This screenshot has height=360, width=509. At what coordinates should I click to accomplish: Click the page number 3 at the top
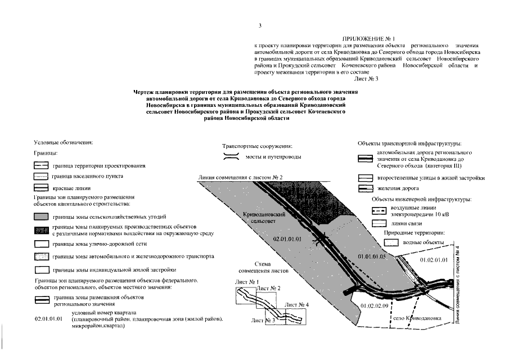[260, 25]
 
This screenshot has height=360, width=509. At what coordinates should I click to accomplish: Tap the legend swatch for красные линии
[40, 188]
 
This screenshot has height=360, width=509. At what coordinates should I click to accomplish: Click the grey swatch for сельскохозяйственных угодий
[40, 216]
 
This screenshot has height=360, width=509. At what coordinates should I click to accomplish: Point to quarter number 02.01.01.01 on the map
[287, 239]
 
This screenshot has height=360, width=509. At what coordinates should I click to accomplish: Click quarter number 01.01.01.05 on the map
[373, 256]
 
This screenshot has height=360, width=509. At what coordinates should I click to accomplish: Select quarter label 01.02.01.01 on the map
[434, 260]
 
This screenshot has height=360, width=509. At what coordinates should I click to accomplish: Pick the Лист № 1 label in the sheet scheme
[246, 281]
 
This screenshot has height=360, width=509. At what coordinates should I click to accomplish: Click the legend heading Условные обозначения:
[64, 142]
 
